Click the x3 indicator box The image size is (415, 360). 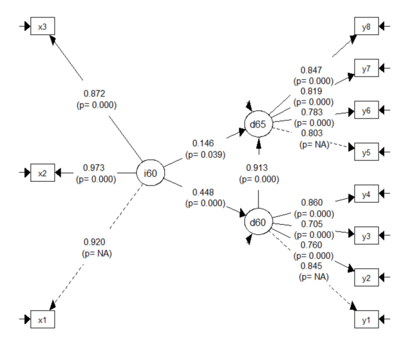tap(42, 26)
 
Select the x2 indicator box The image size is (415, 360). tap(42, 173)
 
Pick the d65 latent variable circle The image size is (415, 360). tap(257, 124)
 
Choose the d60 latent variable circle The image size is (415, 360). tap(257, 222)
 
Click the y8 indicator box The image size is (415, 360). tap(366, 26)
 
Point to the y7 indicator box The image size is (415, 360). tap(366, 68)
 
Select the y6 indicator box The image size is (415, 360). tap(366, 111)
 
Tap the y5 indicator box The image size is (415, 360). tap(366, 153)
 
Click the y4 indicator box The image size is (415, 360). tap(366, 195)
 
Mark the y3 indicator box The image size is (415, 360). tap(366, 236)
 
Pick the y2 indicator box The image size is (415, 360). tap(366, 278)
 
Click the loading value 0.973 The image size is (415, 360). tap(93, 167)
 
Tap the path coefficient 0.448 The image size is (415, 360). tap(203, 193)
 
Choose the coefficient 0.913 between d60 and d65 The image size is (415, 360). tap(258, 168)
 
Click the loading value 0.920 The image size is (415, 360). tap(93, 242)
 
